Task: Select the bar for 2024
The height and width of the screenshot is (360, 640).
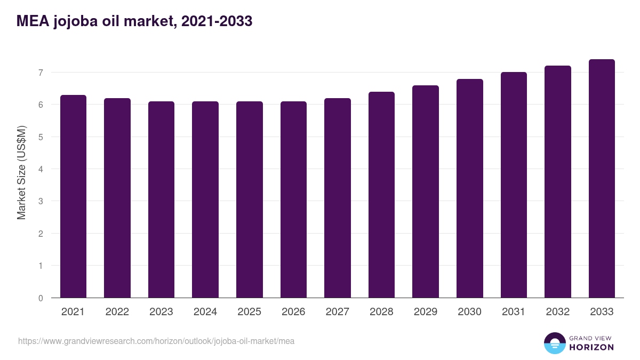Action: click(205, 199)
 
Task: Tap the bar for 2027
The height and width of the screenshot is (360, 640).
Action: click(338, 198)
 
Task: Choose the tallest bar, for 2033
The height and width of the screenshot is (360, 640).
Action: click(602, 179)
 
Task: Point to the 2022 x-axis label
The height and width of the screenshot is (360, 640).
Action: click(117, 312)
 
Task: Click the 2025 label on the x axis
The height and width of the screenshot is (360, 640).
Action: click(249, 312)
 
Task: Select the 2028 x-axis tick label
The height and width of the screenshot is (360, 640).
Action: click(381, 312)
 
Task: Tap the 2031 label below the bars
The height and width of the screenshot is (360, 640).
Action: click(514, 312)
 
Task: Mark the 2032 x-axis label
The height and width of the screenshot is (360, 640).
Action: click(558, 312)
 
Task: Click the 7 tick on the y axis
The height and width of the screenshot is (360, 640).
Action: click(40, 73)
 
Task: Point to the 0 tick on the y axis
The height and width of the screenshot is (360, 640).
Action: click(40, 298)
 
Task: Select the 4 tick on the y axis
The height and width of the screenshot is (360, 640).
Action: click(40, 169)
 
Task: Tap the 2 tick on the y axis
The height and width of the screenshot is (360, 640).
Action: click(40, 234)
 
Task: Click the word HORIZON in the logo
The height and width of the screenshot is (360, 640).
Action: click(591, 347)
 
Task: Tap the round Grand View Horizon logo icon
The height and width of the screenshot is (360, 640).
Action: click(555, 343)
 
